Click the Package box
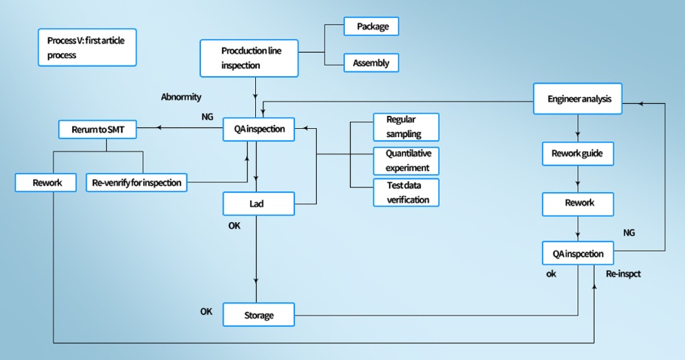(x=371, y=26)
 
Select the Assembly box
(x=371, y=63)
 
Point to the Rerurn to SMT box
(x=97, y=130)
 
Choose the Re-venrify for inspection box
(x=136, y=182)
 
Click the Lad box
(x=257, y=203)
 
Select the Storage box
(x=258, y=314)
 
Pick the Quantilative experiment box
(x=406, y=160)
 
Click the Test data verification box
(x=406, y=193)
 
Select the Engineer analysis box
(x=578, y=99)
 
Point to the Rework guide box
(x=578, y=154)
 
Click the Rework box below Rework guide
(x=578, y=203)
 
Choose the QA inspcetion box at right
(x=578, y=253)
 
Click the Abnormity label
(x=181, y=97)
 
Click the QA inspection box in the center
(x=256, y=129)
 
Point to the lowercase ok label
(x=551, y=274)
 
